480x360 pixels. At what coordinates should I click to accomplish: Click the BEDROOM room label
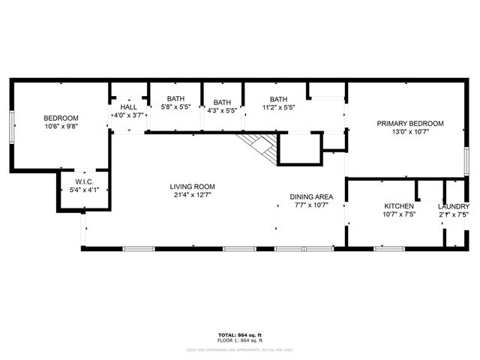click(61, 118)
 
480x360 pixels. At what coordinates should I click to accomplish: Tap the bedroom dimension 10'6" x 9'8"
click(61, 127)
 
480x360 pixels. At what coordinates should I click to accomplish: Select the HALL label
click(128, 107)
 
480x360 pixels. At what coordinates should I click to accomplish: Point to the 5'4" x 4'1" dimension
click(83, 190)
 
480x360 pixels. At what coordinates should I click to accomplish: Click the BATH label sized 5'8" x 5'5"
click(175, 99)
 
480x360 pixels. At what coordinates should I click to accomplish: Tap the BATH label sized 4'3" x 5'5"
click(221, 103)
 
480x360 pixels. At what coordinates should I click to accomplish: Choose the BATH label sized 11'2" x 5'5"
click(278, 99)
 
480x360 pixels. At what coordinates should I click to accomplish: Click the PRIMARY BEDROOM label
click(410, 124)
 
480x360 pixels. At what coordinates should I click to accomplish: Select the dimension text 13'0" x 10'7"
click(410, 133)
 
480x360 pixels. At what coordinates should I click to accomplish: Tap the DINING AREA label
click(311, 196)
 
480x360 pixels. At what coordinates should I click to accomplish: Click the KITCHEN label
click(398, 206)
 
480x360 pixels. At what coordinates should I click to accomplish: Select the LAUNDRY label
click(454, 206)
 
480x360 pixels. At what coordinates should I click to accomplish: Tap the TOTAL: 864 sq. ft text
click(240, 334)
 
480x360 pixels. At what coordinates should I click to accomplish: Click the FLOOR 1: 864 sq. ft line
click(240, 341)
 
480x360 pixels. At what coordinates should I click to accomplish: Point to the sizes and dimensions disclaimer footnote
click(240, 349)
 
